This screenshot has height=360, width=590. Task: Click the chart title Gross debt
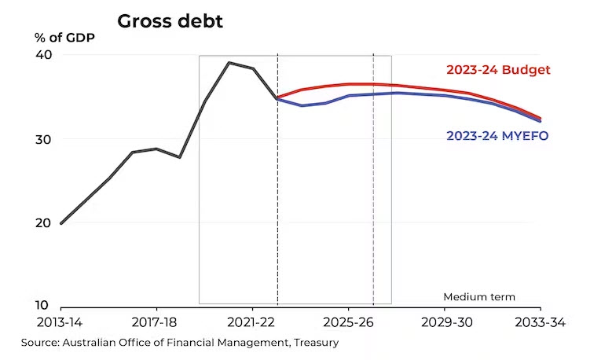(x=170, y=21)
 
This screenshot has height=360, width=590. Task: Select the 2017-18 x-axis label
(x=156, y=322)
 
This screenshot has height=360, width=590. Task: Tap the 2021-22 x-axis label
(x=251, y=322)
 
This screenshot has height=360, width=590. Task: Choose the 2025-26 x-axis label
(x=348, y=322)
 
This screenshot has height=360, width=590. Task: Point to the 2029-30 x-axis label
(x=445, y=322)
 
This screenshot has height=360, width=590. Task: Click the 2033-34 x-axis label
(x=540, y=322)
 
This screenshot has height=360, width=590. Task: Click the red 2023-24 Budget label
(x=498, y=69)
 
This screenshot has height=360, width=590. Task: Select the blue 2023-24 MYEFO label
(x=497, y=135)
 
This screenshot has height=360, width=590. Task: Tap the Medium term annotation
(x=479, y=297)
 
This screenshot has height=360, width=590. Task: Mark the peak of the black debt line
(x=229, y=63)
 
